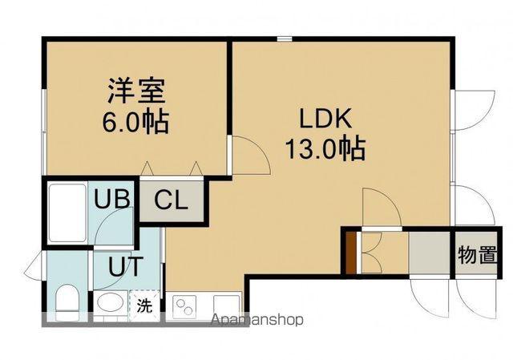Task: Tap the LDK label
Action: (x=325, y=119)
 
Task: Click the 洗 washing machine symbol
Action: (x=143, y=305)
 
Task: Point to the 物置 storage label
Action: (x=478, y=256)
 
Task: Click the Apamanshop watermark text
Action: (x=256, y=320)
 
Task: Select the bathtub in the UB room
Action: (x=67, y=214)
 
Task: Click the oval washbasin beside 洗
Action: (x=111, y=305)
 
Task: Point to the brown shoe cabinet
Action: (x=350, y=252)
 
